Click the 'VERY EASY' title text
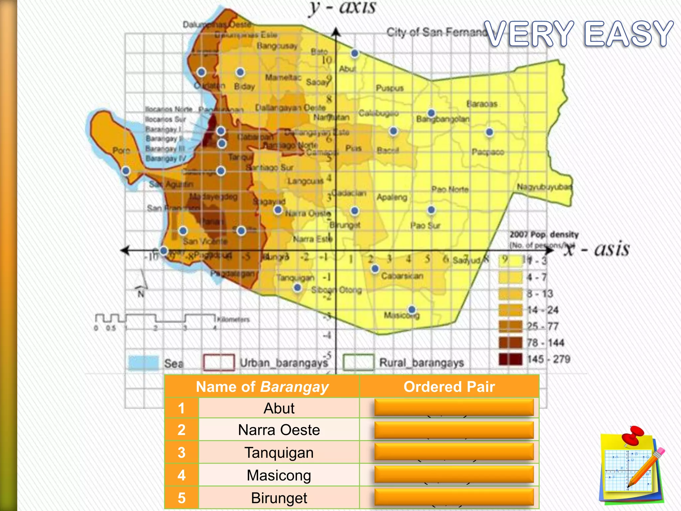tap(579, 34)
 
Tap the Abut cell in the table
tap(279, 408)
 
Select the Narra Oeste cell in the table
tap(279, 430)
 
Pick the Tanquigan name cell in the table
tap(279, 452)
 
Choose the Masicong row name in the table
tap(279, 475)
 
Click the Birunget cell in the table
tap(279, 498)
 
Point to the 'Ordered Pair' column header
tap(449, 387)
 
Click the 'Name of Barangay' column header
tap(262, 387)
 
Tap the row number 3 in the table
tap(181, 452)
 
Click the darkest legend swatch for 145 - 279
tap(510, 359)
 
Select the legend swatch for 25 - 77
tap(510, 326)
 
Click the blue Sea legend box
tap(143, 363)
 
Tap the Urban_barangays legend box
tap(219, 362)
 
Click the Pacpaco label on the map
tap(488, 152)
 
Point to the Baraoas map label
tap(482, 104)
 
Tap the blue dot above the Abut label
tap(354, 53)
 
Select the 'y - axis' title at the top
tap(342, 8)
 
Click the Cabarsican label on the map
tap(402, 276)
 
